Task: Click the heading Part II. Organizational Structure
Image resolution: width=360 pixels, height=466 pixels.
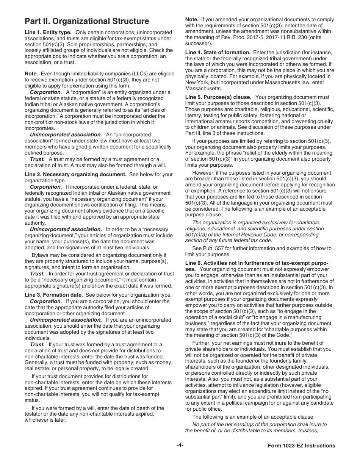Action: point(87,21)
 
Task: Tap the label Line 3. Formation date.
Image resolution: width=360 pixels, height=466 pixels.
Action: point(53,295)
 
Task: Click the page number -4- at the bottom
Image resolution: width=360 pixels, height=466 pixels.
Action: point(180,446)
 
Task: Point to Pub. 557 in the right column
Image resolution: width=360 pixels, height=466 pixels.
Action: point(211,249)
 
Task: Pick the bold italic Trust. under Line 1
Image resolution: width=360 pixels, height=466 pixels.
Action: point(37,159)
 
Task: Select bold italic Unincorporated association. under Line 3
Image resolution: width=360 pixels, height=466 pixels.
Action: point(66,320)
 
